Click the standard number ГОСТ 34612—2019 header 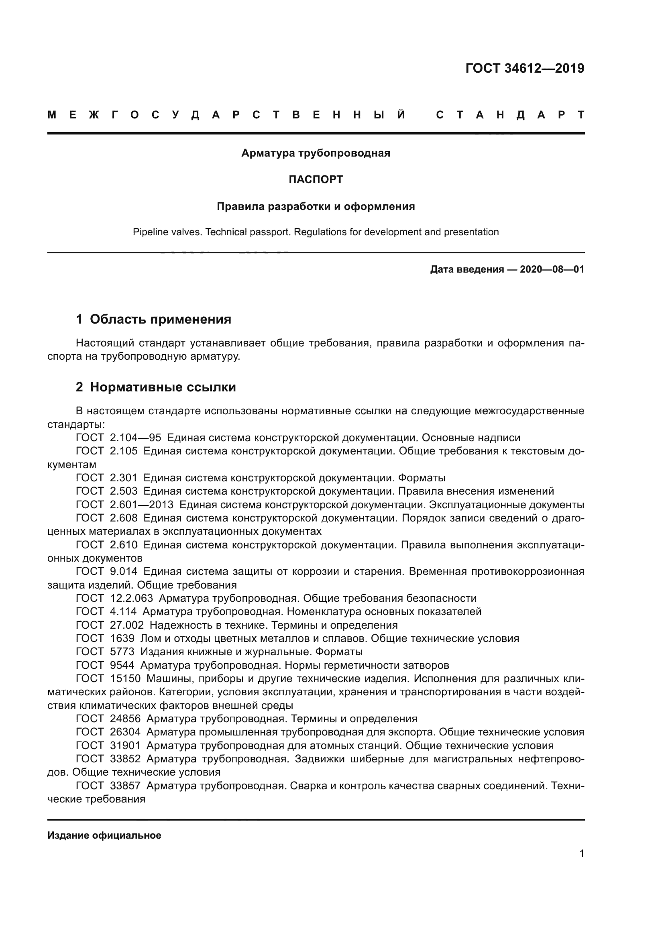coord(525,68)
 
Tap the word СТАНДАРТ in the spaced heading coord(510,115)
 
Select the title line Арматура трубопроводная coord(316,153)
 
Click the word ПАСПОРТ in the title coord(316,179)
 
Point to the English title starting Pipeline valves coord(316,232)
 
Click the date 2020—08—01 coord(552,269)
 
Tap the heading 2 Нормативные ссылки coord(156,387)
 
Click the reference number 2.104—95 coord(135,438)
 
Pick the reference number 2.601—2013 coord(141,505)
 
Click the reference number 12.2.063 coord(131,598)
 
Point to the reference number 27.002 coord(127,625)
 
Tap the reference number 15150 coord(125,678)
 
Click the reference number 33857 coord(125,786)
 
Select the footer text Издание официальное coord(104,835)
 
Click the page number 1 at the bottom coord(581,853)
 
